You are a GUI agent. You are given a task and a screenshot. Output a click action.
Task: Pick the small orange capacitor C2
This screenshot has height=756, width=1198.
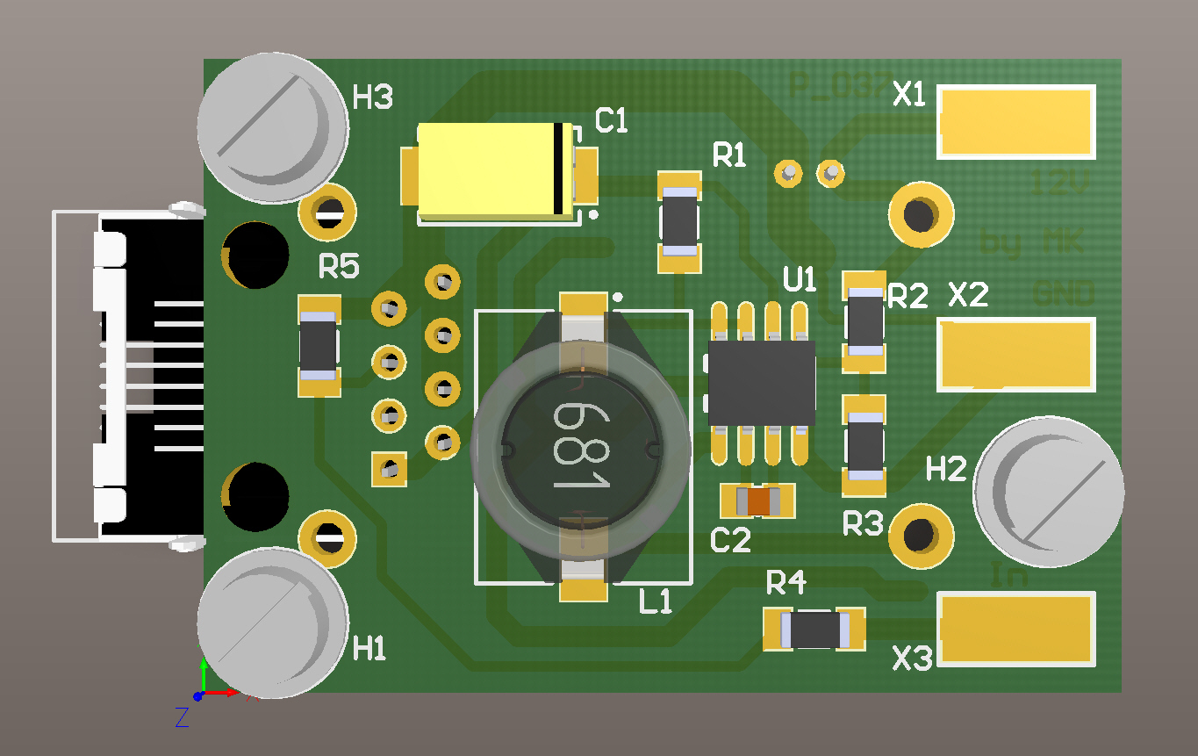[x=757, y=501]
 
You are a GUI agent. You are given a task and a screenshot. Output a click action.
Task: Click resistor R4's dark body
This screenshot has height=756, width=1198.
[x=814, y=629]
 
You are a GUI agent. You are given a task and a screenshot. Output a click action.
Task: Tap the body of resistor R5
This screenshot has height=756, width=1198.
[x=319, y=346]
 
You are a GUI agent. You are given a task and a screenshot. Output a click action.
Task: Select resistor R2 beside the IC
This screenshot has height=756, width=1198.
[x=864, y=321]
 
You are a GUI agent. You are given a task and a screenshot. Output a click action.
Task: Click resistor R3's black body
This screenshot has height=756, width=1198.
[x=864, y=445]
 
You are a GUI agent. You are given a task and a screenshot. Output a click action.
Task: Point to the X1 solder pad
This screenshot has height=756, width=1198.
[x=1016, y=122]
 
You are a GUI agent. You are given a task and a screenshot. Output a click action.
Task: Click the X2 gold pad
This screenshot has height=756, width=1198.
[x=1016, y=354]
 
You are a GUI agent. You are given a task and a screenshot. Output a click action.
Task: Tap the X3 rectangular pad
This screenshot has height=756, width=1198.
[x=1016, y=629]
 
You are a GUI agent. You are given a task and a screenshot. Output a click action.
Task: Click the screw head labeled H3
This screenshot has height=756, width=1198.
[x=271, y=128]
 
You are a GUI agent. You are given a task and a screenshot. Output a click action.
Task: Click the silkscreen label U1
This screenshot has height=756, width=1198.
[x=800, y=281]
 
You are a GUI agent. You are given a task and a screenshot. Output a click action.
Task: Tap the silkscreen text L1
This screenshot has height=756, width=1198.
[x=656, y=601]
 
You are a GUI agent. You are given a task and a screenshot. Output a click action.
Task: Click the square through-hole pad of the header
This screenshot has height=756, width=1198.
[x=389, y=469]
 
